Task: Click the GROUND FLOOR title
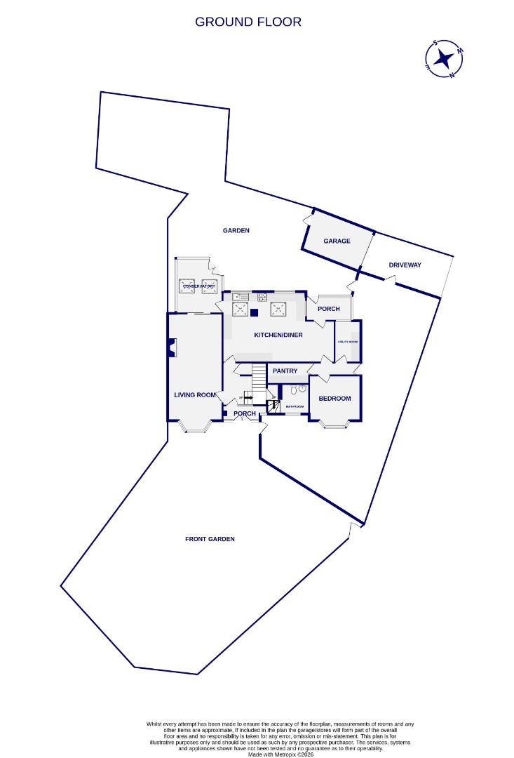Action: (248, 22)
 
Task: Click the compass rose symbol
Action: (444, 58)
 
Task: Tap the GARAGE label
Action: (337, 241)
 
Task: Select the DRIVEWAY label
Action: (405, 265)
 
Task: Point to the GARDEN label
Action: (236, 230)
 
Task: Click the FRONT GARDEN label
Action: (210, 539)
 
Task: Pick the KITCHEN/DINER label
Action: (278, 335)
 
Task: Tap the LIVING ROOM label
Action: (195, 395)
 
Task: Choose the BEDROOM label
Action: (334, 399)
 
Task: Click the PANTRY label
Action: (285, 371)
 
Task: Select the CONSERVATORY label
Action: (198, 286)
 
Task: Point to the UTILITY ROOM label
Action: (348, 342)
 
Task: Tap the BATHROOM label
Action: (295, 406)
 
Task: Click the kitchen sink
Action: (236, 296)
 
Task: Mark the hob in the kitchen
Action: (263, 296)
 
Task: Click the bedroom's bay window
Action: (334, 423)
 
